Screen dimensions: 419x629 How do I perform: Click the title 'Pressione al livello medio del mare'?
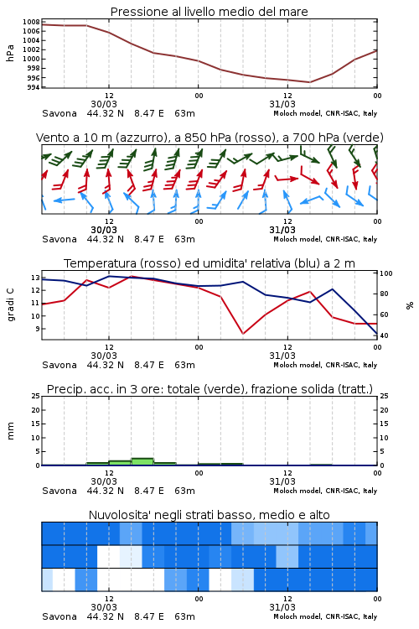pyautogui.click(x=209, y=12)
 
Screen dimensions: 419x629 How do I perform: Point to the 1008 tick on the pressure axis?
pyautogui.click(x=31, y=22)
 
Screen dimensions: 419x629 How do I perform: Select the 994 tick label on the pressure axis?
pyautogui.click(x=34, y=87)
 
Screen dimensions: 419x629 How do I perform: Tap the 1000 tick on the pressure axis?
pyautogui.click(x=31, y=59)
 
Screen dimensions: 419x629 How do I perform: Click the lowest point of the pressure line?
pyautogui.click(x=309, y=82)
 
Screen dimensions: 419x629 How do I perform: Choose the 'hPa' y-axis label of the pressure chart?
pyautogui.click(x=10, y=53)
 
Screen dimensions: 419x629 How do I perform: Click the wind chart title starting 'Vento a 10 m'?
pyautogui.click(x=209, y=138)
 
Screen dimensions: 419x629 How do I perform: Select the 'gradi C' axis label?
pyautogui.click(x=10, y=304)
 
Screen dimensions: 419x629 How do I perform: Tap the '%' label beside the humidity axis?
pyautogui.click(x=410, y=305)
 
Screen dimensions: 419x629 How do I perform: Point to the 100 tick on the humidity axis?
pyautogui.click(x=386, y=273)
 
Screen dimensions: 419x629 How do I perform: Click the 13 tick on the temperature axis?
pyautogui.click(x=36, y=278)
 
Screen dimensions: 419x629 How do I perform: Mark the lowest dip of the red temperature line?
pyautogui.click(x=242, y=333)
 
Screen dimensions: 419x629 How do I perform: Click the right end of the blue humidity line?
pyautogui.click(x=377, y=334)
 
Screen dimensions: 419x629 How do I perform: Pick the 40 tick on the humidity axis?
pyautogui.click(x=384, y=335)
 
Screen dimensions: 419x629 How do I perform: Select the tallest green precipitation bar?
pyautogui.click(x=142, y=462)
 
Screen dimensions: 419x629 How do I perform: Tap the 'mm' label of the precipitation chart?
pyautogui.click(x=10, y=431)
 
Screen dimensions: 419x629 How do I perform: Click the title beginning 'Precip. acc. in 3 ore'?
pyautogui.click(x=209, y=389)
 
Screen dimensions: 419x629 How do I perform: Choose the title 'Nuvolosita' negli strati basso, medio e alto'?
pyautogui.click(x=209, y=515)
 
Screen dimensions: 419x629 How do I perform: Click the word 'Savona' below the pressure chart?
pyautogui.click(x=59, y=113)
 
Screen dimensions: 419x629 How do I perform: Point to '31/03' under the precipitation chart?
pyautogui.click(x=282, y=481)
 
